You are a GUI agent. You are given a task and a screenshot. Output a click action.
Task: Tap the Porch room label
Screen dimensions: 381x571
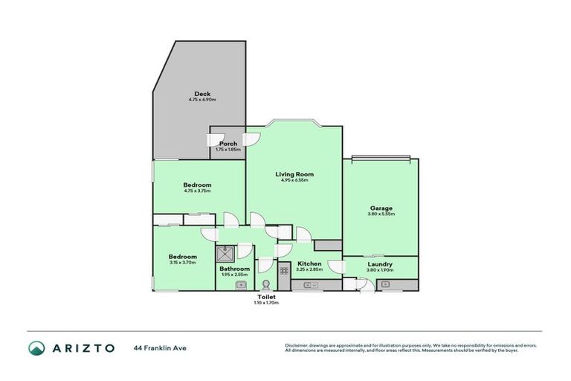point(228,144)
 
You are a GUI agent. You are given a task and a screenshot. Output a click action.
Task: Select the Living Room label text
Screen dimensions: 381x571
point(294,174)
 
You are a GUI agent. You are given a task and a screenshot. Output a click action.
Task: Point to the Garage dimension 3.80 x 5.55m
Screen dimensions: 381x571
point(381,214)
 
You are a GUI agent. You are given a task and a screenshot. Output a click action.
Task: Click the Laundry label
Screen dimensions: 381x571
point(380,264)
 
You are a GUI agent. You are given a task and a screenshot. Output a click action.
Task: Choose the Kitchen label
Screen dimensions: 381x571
point(309,264)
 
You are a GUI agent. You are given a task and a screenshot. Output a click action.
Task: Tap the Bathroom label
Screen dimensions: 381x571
point(234,269)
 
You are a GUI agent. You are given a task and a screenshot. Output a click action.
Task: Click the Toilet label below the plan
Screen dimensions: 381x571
point(266,296)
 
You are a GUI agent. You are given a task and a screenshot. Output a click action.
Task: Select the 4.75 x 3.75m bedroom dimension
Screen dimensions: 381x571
point(198,191)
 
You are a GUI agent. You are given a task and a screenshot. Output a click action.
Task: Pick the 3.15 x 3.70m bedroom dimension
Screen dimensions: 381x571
point(182,263)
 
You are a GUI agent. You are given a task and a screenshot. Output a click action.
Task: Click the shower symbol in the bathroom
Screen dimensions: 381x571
point(226,252)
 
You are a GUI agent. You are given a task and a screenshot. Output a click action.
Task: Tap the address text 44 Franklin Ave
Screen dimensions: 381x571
point(158,348)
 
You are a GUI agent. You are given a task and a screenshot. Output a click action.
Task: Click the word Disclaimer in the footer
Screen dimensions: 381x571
point(296,345)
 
